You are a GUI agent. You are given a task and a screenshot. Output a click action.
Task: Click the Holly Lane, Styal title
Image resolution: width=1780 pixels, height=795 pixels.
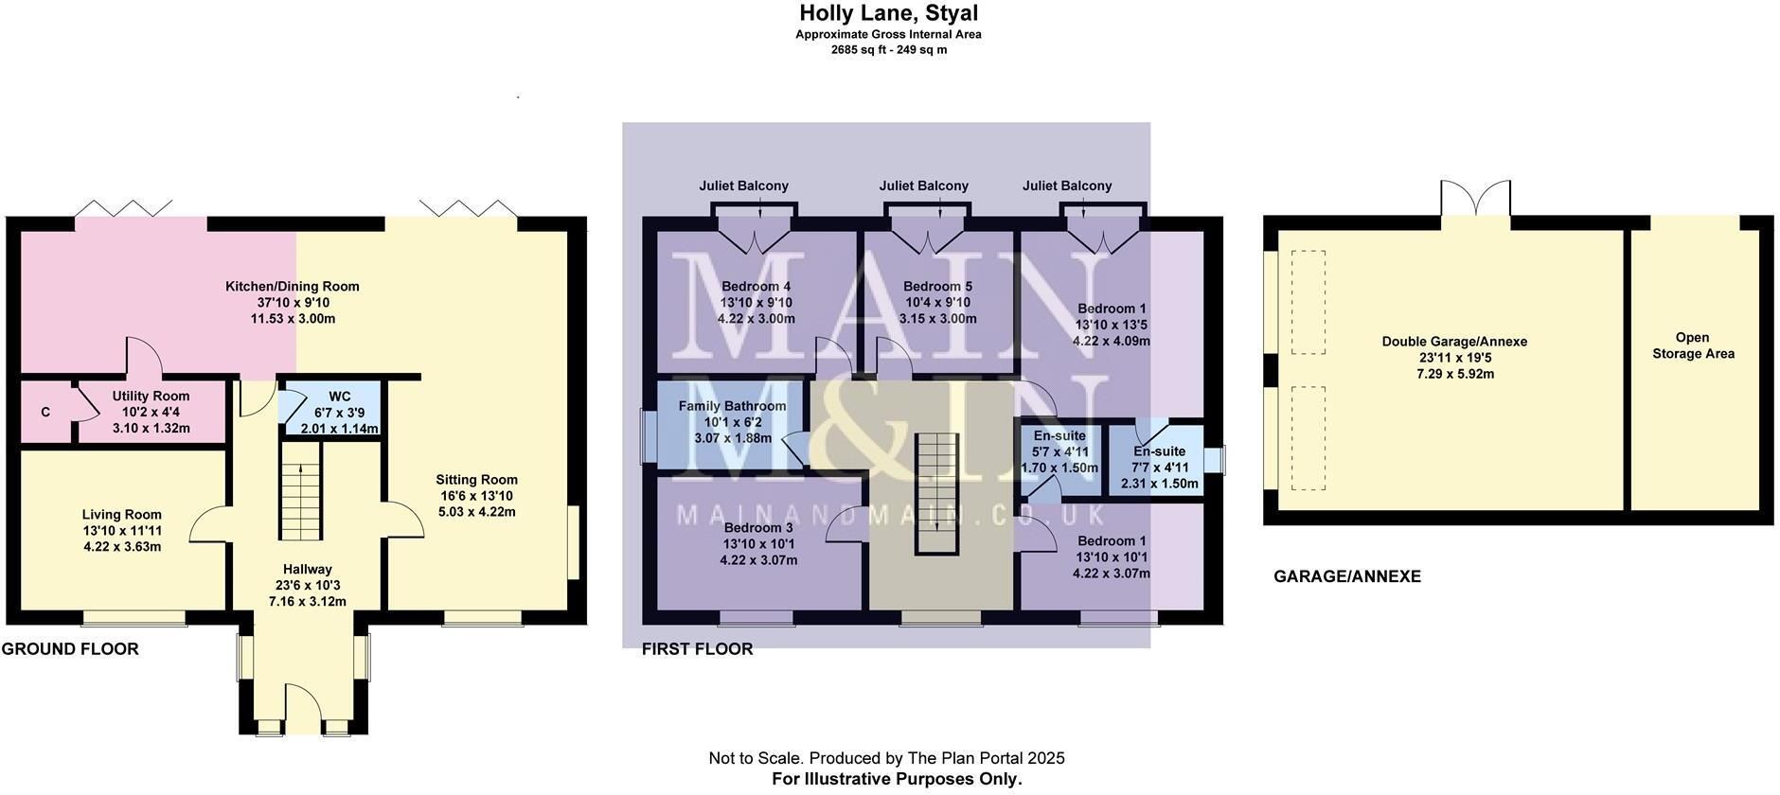(x=888, y=13)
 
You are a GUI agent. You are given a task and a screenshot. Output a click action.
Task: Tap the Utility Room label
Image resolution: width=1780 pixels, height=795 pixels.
(x=151, y=397)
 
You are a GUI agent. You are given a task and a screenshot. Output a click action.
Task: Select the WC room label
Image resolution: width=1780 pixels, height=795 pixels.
(x=339, y=397)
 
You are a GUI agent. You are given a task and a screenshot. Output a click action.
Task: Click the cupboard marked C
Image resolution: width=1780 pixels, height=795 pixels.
(x=45, y=413)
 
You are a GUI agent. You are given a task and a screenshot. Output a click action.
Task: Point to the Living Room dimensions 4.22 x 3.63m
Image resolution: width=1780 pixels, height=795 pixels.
(x=122, y=547)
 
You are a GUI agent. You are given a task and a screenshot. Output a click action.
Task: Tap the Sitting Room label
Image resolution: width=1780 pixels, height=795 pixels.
(x=476, y=480)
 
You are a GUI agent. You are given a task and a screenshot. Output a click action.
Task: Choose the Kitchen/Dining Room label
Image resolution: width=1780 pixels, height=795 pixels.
(x=293, y=287)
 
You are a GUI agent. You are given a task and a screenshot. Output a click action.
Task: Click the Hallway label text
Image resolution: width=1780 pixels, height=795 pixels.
(x=308, y=570)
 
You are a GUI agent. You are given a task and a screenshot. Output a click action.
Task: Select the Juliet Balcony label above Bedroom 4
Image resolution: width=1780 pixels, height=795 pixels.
(x=743, y=186)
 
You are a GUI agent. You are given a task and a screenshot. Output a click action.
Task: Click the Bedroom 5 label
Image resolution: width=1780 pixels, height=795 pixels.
(x=937, y=287)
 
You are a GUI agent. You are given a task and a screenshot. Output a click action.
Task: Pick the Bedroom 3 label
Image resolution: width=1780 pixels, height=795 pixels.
(x=758, y=528)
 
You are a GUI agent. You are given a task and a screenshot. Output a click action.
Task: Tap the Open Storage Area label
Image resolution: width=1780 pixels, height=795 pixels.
(x=1693, y=345)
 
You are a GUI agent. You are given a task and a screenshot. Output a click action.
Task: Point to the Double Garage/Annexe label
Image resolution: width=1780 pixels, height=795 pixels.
(x=1454, y=342)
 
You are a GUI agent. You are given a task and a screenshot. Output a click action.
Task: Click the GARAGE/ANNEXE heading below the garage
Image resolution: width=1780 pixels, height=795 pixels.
(x=1347, y=576)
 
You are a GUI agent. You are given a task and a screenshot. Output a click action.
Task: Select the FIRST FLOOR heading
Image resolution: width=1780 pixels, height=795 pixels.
(x=697, y=649)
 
